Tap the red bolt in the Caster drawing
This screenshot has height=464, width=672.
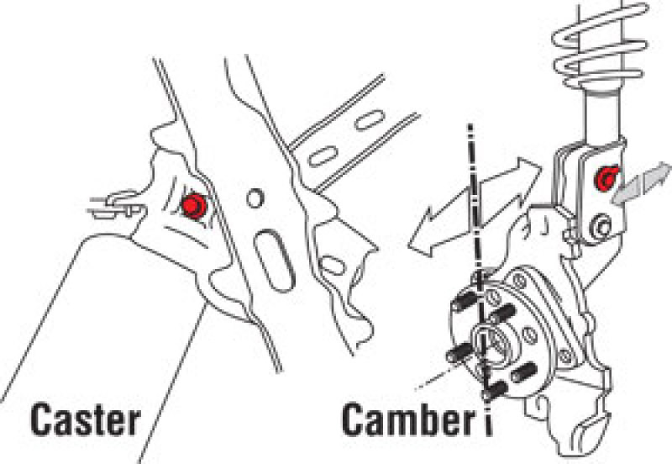coord(196,206)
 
